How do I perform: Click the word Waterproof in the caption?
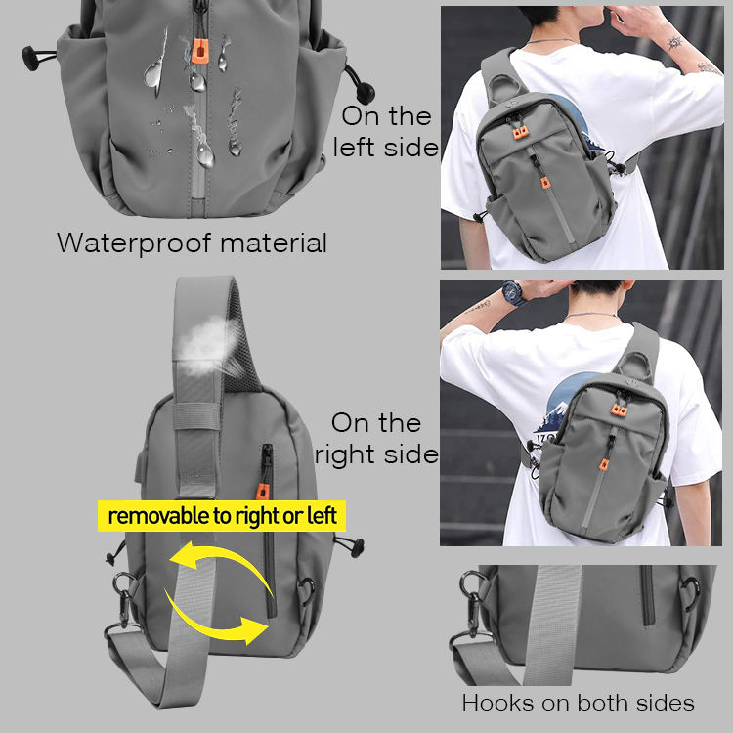134,243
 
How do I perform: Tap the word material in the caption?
274,242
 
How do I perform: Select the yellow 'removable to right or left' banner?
222,516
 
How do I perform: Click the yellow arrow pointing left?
220,561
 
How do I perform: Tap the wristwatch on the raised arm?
513,293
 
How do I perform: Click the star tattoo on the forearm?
674,43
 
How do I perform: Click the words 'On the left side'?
386,131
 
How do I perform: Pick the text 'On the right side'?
376,439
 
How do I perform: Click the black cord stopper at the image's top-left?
31,58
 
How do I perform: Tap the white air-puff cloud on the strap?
205,345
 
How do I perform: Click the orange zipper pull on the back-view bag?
262,492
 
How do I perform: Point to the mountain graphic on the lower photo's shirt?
555,416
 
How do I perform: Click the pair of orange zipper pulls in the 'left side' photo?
521,133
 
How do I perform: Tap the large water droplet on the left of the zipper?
152,75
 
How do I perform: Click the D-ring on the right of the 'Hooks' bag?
690,592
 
